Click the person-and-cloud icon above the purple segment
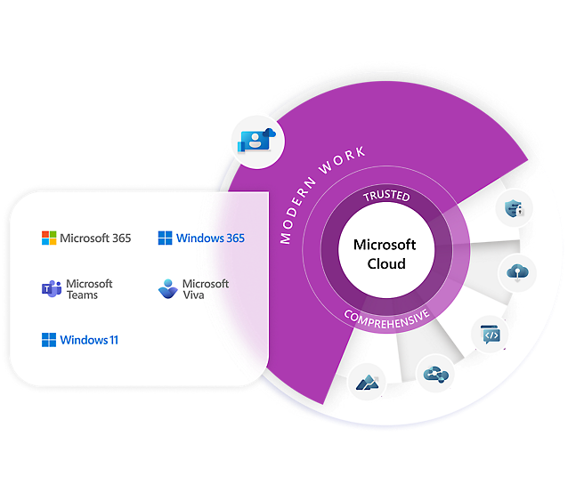coord(258,140)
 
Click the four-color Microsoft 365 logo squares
coord(49,238)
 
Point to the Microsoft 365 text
coord(95,238)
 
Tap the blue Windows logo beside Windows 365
coord(165,238)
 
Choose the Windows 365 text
coord(210,238)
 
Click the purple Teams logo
coord(50,289)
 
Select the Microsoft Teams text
coord(90,289)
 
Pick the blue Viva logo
coord(166,289)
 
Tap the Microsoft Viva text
coord(206,289)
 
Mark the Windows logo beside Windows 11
coord(49,340)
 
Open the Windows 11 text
coord(89,340)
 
